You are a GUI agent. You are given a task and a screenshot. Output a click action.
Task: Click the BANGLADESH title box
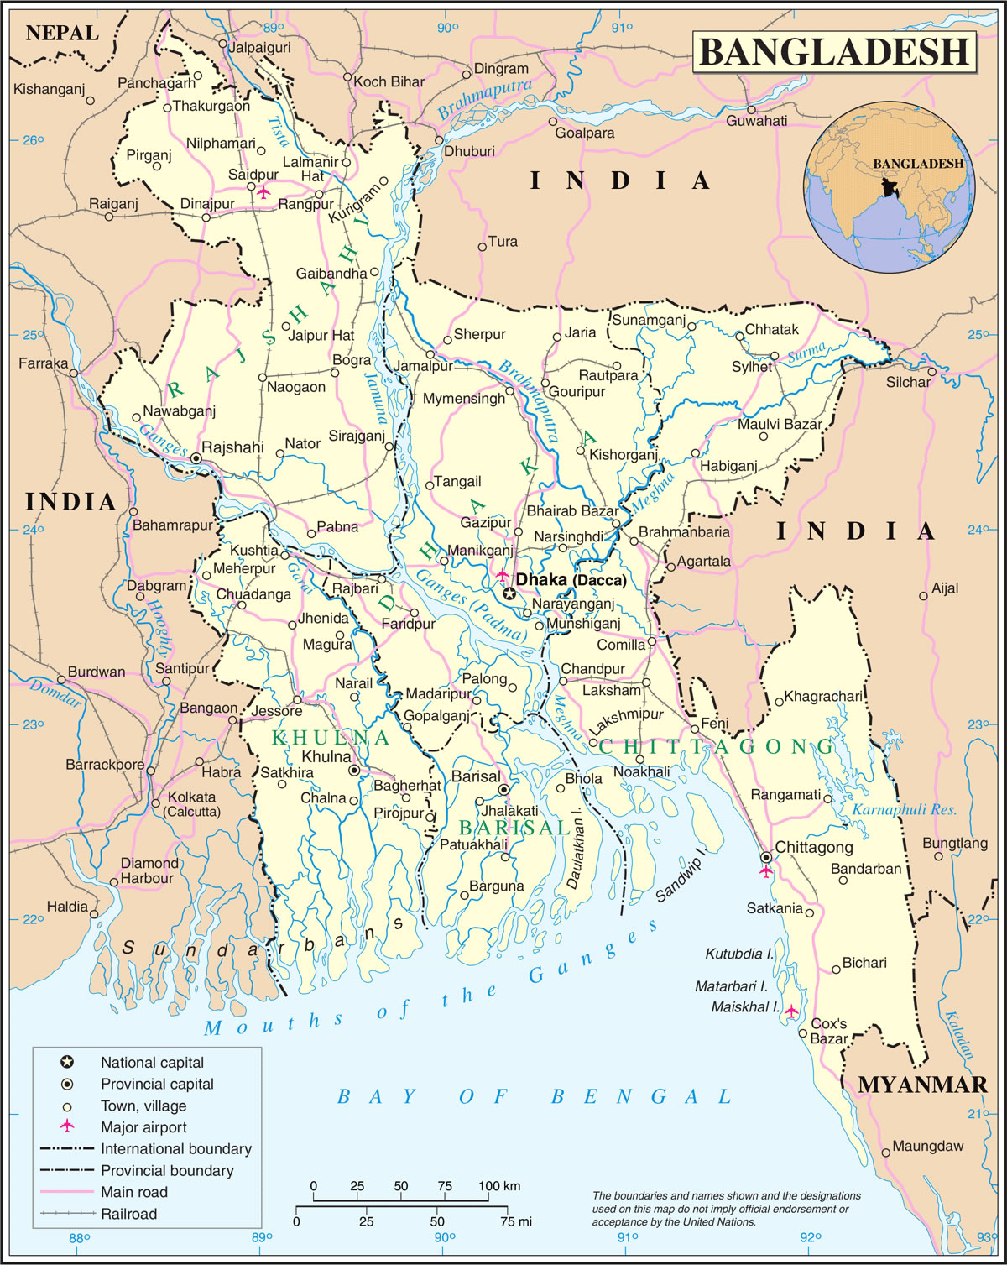point(834,52)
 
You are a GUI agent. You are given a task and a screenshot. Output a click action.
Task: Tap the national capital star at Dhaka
point(509,593)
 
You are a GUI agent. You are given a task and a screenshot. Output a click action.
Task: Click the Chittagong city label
point(813,847)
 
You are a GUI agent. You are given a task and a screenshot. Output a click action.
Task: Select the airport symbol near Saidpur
point(263,192)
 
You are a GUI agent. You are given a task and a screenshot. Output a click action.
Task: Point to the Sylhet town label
point(751,367)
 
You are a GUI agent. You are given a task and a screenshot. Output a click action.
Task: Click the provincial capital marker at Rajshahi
point(196,458)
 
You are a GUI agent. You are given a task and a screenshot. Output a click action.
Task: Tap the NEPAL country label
point(62,34)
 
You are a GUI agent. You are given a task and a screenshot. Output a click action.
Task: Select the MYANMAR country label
point(922,1085)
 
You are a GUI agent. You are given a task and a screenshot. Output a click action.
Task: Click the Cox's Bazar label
point(828,1031)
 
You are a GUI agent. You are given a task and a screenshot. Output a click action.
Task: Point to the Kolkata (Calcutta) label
point(192,803)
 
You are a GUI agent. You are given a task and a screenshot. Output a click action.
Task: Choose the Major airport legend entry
point(143,1127)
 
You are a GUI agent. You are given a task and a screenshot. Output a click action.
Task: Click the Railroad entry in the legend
point(128,1214)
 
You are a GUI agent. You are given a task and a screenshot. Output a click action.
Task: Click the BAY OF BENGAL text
point(534,1097)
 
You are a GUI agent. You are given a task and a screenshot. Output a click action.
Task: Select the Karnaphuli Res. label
point(904,809)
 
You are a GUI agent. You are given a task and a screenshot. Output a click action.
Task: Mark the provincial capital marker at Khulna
point(354,770)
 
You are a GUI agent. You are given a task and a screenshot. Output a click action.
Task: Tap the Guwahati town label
point(756,121)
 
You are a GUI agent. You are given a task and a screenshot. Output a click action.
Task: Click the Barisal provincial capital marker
point(503,790)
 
